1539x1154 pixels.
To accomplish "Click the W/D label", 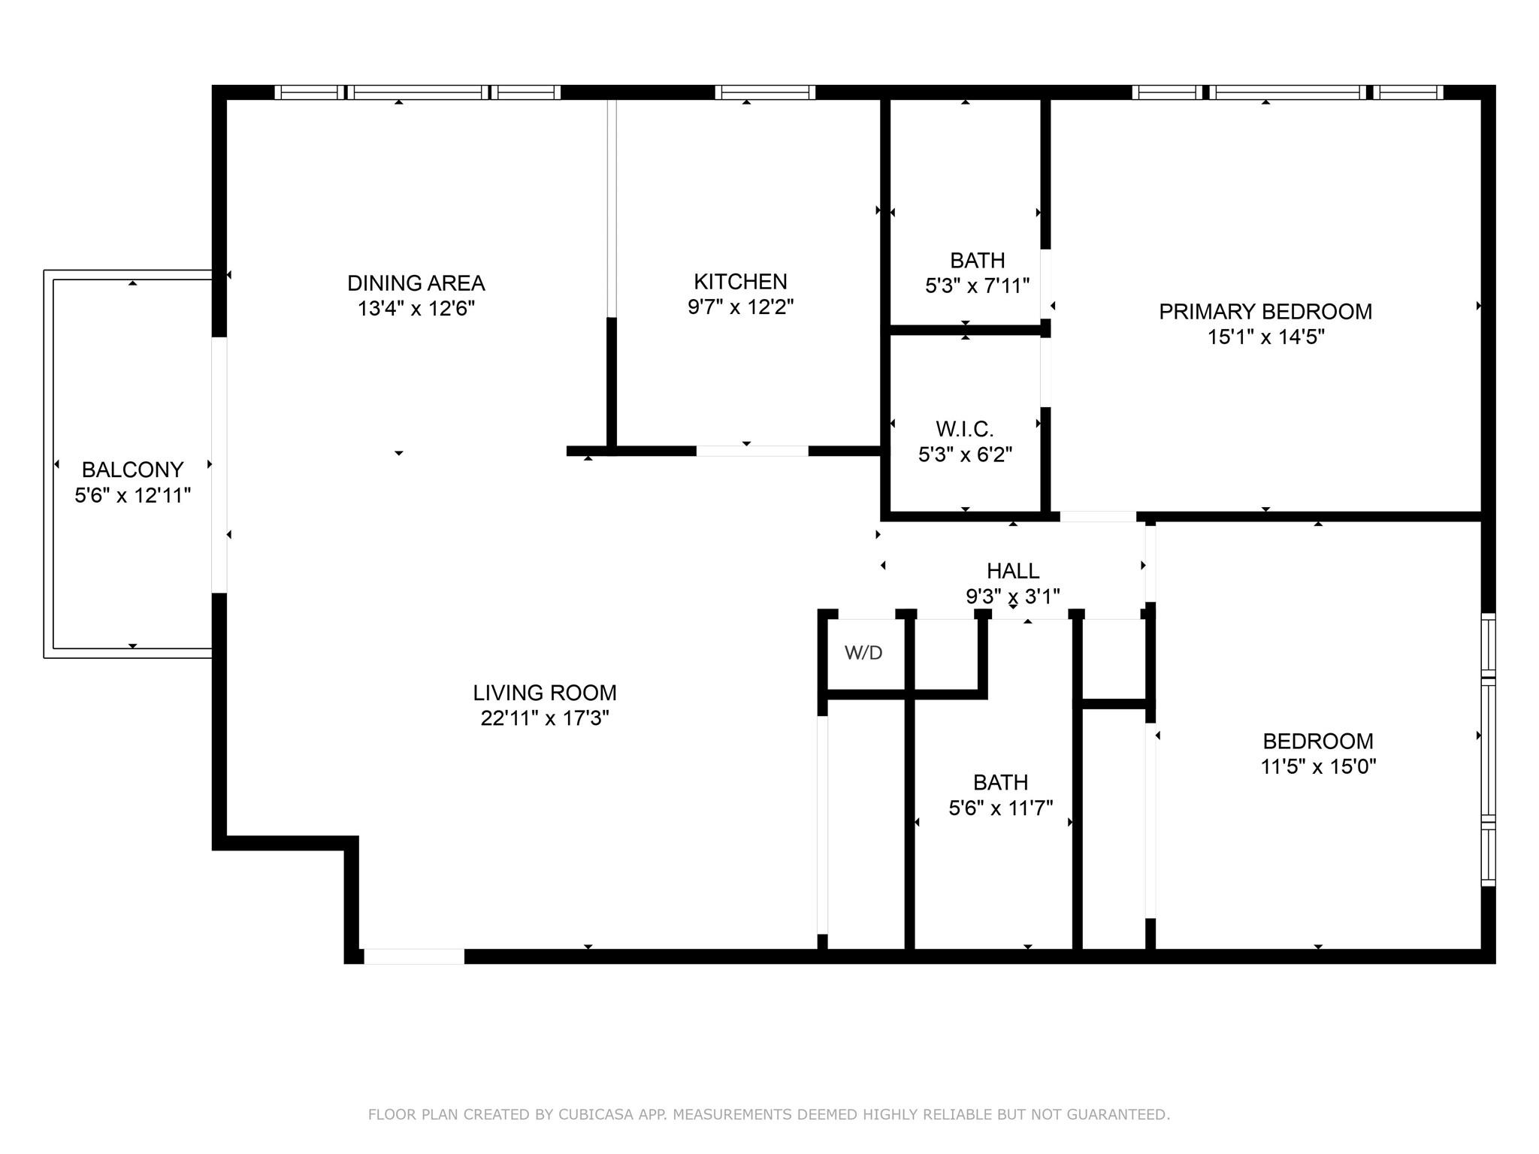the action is click(x=863, y=653).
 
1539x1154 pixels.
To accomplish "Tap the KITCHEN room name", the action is click(x=740, y=282).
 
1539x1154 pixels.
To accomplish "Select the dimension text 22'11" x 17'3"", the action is click(x=545, y=718).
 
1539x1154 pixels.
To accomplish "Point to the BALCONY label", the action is click(x=133, y=470).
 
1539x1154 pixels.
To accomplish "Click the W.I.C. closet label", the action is click(x=965, y=429).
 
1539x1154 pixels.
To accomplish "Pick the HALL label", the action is click(x=1013, y=571).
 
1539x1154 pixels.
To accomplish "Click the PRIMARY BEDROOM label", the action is click(x=1265, y=312).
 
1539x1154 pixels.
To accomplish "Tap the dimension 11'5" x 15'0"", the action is click(x=1318, y=766).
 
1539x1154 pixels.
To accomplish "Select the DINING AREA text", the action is click(x=416, y=283).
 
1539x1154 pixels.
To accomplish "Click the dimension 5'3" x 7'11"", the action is click(x=977, y=285).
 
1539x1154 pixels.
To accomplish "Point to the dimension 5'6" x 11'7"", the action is click(x=1000, y=808).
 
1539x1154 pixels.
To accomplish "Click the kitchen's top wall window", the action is click(x=765, y=92).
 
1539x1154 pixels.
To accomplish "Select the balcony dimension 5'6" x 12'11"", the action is click(x=133, y=495).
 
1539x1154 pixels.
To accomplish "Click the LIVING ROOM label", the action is click(x=545, y=693).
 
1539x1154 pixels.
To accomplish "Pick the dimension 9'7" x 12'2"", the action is click(x=740, y=307).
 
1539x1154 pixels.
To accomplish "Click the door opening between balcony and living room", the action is click(x=219, y=464).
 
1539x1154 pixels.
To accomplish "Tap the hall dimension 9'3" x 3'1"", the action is click(x=1013, y=597).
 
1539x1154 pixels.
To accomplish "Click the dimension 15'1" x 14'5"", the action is click(x=1265, y=337).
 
